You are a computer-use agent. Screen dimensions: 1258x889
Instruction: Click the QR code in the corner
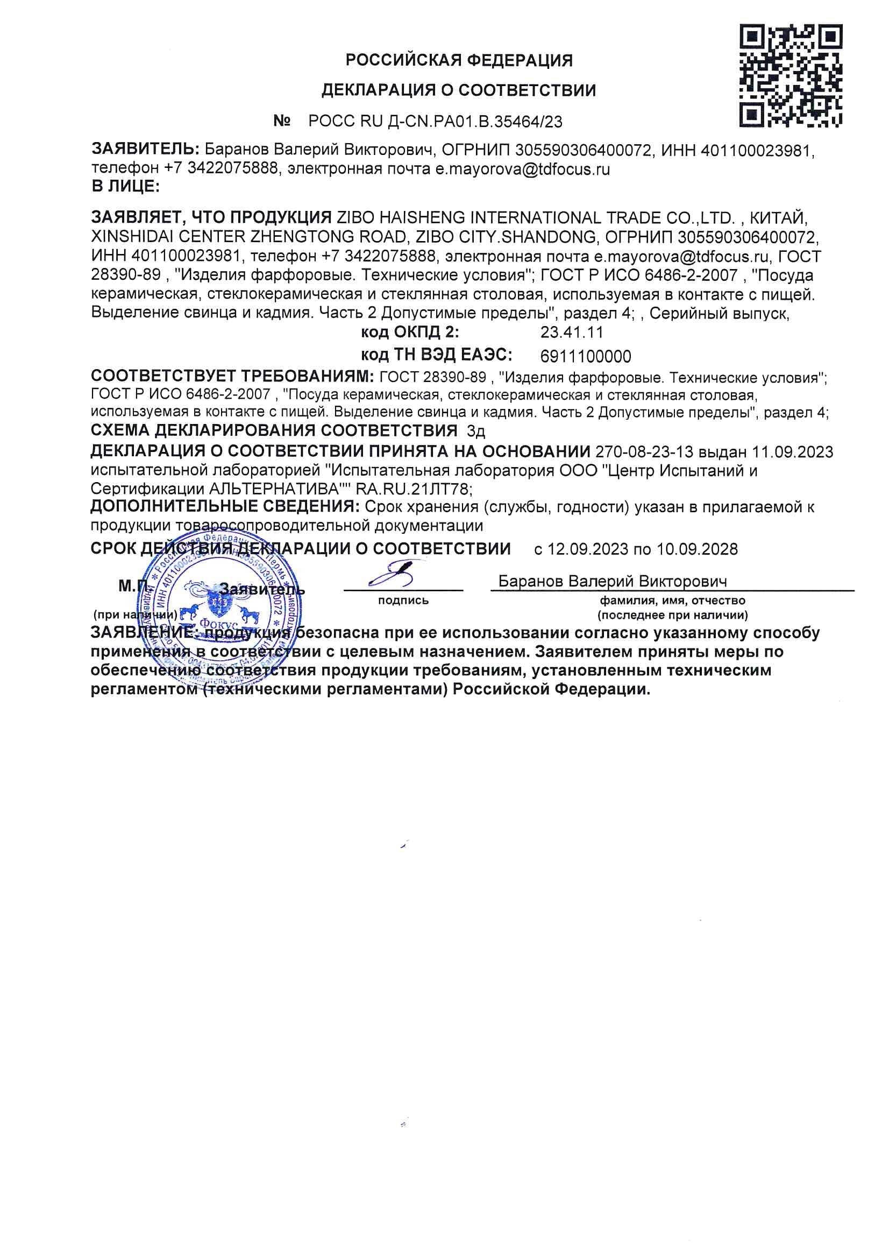[791, 76]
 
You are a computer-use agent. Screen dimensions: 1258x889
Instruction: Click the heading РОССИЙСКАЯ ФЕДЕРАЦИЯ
[458, 60]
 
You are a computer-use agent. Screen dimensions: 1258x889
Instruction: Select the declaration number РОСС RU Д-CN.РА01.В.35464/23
[436, 121]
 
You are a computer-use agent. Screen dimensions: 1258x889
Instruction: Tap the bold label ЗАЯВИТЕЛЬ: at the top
[145, 149]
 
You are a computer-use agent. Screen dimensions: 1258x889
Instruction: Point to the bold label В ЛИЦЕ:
[125, 186]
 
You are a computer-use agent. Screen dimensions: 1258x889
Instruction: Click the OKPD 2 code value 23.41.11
[571, 332]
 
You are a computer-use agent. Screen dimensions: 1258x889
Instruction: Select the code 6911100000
[586, 357]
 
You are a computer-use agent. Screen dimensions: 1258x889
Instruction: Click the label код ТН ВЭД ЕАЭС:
[436, 355]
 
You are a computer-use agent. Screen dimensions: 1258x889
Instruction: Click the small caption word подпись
[403, 600]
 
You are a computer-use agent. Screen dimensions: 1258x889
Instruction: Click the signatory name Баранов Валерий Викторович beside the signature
[613, 581]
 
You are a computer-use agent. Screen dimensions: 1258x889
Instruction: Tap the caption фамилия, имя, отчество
[672, 600]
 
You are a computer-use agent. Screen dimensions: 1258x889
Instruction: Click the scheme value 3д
[476, 431]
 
